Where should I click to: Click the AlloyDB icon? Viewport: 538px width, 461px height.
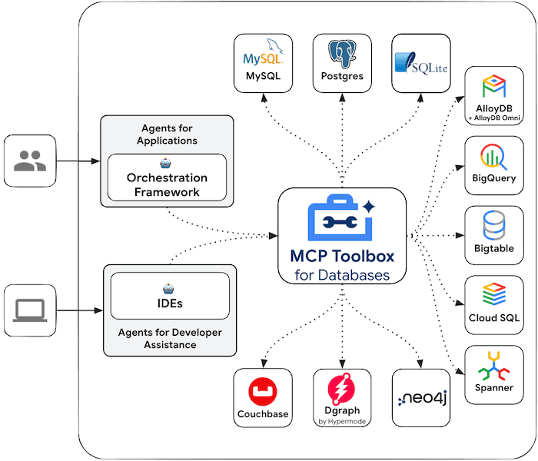[x=492, y=87]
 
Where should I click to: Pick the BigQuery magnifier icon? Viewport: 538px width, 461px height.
[x=492, y=157]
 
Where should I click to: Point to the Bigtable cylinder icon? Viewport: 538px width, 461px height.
[x=492, y=227]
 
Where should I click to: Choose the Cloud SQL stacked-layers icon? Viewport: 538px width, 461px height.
[x=493, y=294]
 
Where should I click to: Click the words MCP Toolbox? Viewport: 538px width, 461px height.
[x=342, y=255]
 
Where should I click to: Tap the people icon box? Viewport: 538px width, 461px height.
[x=30, y=161]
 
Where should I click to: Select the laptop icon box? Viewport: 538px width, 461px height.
[x=30, y=310]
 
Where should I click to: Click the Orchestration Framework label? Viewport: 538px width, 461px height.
[x=167, y=185]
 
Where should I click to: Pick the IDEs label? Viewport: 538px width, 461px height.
[x=170, y=303]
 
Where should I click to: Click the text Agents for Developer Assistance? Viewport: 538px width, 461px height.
[x=170, y=338]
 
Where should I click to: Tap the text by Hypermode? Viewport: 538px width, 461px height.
[x=342, y=422]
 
